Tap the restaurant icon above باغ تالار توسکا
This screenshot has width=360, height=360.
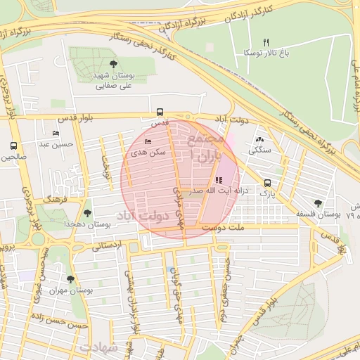(x=266, y=42)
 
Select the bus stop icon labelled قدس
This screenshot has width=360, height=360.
(x=160, y=112)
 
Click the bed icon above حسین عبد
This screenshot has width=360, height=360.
(x=56, y=134)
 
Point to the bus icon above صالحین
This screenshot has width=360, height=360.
(x=13, y=146)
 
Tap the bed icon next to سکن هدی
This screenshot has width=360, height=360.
(x=147, y=141)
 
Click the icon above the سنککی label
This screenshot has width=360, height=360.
(x=260, y=140)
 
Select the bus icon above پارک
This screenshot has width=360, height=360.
(x=266, y=183)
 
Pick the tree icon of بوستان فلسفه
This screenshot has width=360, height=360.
(x=319, y=202)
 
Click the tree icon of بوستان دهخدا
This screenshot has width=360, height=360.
(x=87, y=212)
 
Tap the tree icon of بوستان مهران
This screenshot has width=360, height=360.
(x=70, y=279)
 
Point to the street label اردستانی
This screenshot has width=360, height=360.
(x=106, y=246)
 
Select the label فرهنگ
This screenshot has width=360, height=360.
(x=54, y=200)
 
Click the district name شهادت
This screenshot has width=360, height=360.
(x=96, y=348)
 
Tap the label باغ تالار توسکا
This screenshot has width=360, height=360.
(x=266, y=53)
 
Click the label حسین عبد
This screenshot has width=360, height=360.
(x=56, y=145)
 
